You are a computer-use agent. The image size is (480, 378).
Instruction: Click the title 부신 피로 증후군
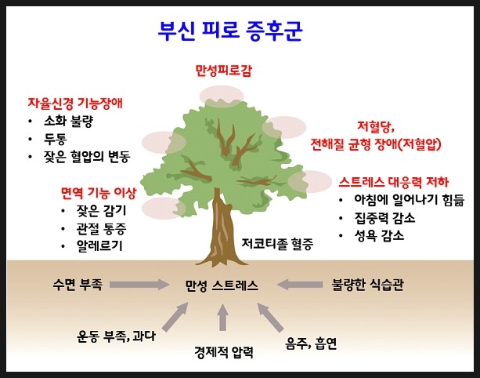tap(230, 31)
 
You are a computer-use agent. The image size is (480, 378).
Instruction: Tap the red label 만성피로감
tap(223, 71)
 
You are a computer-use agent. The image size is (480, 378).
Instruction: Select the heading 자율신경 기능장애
tap(75, 103)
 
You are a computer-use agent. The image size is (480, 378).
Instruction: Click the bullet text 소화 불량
tap(68, 121)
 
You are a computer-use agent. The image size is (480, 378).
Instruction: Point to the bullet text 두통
tap(55, 139)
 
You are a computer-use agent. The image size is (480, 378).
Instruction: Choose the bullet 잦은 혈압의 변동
tap(87, 157)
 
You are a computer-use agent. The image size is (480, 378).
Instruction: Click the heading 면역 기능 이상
tap(99, 193)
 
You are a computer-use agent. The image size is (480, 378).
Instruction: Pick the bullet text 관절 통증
tap(101, 228)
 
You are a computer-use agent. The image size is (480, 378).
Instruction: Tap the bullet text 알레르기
tap(99, 246)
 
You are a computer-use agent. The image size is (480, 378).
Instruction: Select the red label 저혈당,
tap(376, 126)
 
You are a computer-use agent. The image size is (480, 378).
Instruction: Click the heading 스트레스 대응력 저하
tap(394, 182)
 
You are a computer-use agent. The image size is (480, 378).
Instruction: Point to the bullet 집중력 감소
tap(384, 218)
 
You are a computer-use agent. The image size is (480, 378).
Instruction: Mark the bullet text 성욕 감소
tap(379, 236)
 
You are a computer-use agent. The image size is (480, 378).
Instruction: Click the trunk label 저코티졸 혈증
tap(277, 244)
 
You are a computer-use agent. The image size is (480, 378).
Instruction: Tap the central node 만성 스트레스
tap(222, 285)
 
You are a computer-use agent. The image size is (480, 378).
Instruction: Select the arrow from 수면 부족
tap(139, 285)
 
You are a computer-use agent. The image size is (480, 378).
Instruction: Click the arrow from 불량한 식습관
tap(299, 285)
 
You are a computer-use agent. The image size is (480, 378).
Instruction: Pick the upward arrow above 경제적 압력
tap(223, 318)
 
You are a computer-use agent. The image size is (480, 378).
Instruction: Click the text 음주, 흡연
tap(311, 343)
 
